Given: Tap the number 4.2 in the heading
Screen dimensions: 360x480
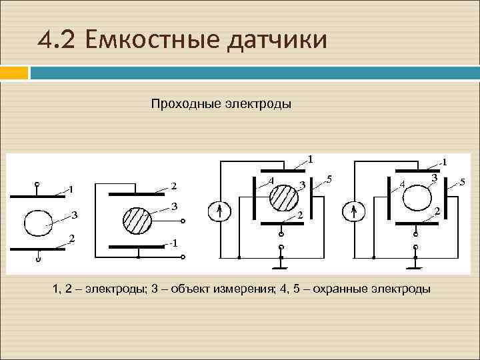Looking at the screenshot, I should [61, 41].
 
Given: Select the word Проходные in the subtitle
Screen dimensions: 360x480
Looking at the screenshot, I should [183, 104].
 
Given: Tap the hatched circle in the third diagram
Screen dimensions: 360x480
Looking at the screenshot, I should [283, 197].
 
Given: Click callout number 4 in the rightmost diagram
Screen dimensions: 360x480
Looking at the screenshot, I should [401, 184].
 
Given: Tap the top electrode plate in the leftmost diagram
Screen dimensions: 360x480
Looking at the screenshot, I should [38, 196].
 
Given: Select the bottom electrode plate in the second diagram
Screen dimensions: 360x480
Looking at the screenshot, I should [137, 246].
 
